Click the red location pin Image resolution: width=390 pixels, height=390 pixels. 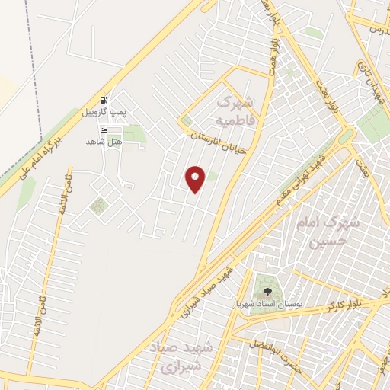pos(196,178)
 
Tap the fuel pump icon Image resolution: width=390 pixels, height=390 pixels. pos(104,99)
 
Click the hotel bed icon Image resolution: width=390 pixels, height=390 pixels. pos(104,130)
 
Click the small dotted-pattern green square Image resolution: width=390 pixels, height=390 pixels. pos(98,206)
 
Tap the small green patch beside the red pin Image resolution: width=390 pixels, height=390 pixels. pos(213,177)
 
